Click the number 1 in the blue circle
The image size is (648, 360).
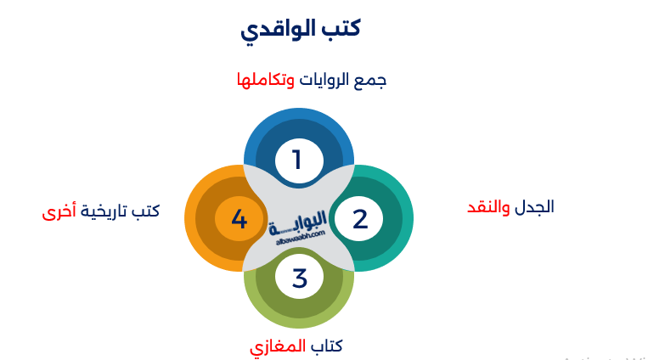pyautogui.click(x=296, y=160)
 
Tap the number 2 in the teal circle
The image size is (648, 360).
pyautogui.click(x=360, y=219)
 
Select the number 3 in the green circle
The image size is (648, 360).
pyautogui.click(x=299, y=278)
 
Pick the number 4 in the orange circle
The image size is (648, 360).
pyautogui.click(x=239, y=220)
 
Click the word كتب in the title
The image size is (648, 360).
pyautogui.click(x=341, y=28)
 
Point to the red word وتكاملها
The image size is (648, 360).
pyautogui.click(x=266, y=81)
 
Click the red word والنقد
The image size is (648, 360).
pyautogui.click(x=490, y=206)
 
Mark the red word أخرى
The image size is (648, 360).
pyautogui.click(x=59, y=211)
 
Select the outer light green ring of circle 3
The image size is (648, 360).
pyautogui.click(x=299, y=319)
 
